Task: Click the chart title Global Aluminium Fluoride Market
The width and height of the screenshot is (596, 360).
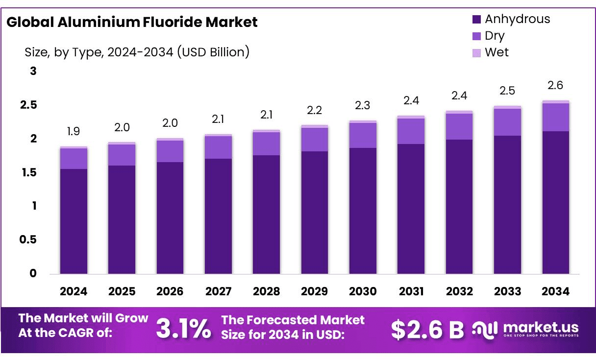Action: point(132,22)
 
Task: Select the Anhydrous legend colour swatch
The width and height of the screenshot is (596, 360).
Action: point(477,20)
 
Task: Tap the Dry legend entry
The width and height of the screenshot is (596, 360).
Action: point(494,36)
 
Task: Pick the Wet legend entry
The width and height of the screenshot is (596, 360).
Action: point(497,52)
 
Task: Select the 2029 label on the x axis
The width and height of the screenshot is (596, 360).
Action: point(314,291)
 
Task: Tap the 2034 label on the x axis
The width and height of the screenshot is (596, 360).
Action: point(556,291)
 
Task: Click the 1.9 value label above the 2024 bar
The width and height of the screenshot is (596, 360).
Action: point(74,131)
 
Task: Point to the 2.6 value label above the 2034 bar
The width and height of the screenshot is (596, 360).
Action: point(556,85)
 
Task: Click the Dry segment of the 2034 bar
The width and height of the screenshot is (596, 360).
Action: point(556,118)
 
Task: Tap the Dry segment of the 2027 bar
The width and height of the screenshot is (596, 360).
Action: point(218,147)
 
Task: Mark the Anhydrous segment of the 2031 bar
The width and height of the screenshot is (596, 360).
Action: point(411,209)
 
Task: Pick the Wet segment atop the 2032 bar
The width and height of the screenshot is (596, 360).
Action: point(459,112)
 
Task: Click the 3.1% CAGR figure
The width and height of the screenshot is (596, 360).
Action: point(184,329)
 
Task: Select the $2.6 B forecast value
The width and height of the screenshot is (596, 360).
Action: point(427,330)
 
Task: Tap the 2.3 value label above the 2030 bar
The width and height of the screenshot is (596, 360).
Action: point(363,105)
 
